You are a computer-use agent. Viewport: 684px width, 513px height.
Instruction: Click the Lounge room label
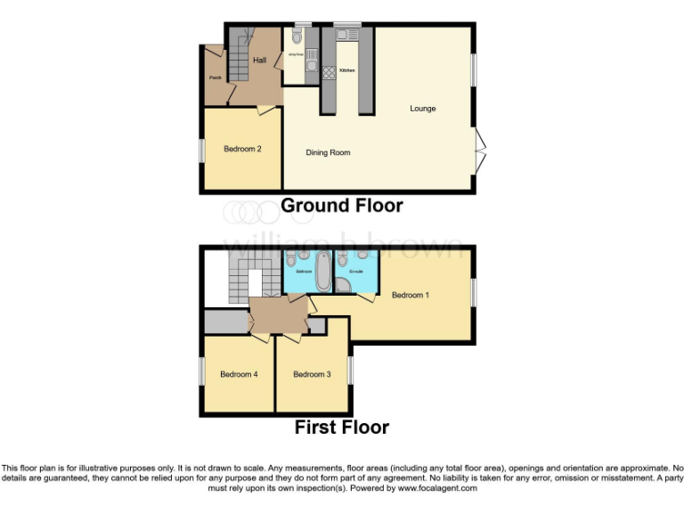tap(422, 109)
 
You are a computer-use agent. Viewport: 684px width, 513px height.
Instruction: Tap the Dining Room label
tap(328, 152)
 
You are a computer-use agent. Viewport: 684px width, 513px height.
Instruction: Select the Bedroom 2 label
tap(241, 149)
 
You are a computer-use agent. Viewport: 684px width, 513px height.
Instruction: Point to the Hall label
tap(259, 60)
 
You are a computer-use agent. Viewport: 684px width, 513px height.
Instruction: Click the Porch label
tap(215, 77)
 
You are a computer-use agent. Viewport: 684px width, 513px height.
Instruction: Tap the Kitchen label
tap(347, 69)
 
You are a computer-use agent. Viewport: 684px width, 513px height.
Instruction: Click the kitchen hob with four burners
tap(328, 74)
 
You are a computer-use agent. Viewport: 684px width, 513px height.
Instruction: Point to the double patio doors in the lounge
tap(481, 152)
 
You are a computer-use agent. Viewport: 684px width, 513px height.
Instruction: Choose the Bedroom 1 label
tap(411, 295)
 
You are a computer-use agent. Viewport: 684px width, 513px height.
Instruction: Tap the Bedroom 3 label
tap(312, 374)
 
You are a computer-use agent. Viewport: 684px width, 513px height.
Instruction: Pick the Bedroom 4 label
tap(239, 374)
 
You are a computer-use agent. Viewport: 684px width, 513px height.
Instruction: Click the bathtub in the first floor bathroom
tap(322, 271)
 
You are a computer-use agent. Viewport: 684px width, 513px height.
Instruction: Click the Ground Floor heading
tap(342, 206)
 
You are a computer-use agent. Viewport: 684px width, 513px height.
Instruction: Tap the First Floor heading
tap(342, 427)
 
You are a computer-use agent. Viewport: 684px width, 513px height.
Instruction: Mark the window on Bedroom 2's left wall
tap(201, 149)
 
